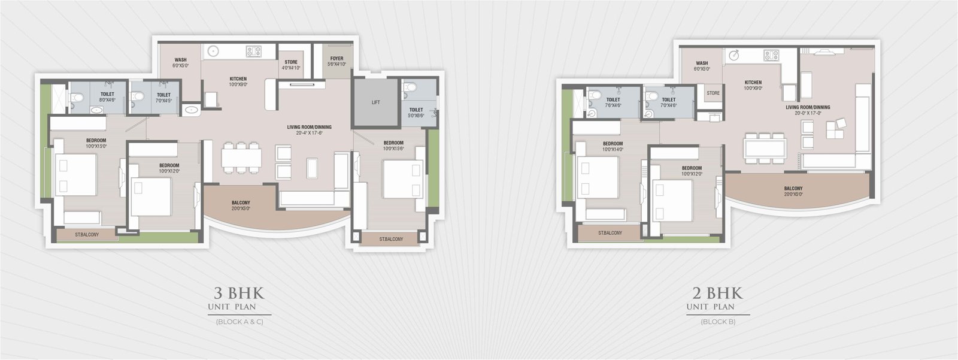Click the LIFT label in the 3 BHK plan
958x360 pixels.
point(375,102)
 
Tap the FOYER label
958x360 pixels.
point(336,59)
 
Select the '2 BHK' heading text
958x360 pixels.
point(717,294)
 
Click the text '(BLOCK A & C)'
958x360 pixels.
point(239,322)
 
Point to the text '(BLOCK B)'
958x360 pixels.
point(718,322)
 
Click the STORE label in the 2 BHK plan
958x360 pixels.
point(713,93)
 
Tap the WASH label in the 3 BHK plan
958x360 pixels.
point(180,60)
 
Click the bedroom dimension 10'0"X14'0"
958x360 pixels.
point(613,149)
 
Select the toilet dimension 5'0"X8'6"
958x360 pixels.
point(416,115)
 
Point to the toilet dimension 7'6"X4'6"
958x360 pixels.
point(613,105)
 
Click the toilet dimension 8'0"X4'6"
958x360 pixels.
point(107,100)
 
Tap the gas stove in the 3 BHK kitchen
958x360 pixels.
point(254,52)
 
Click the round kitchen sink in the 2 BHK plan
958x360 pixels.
point(734,56)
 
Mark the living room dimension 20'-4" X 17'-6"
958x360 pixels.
point(309,134)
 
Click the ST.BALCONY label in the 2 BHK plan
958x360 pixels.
point(610,233)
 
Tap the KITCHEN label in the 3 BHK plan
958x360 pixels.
point(238,79)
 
